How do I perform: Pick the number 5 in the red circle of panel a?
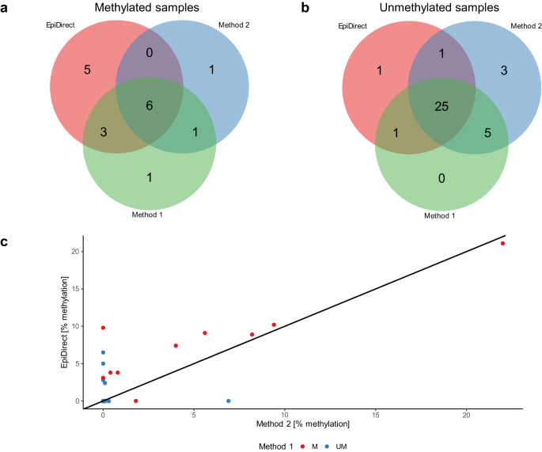(x=88, y=69)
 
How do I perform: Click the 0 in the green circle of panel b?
(x=442, y=178)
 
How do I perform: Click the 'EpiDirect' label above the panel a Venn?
(x=60, y=26)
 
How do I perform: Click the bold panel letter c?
(x=6, y=242)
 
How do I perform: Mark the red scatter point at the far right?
(x=502, y=243)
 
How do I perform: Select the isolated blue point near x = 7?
(x=229, y=401)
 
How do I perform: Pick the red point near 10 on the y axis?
(x=103, y=327)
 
